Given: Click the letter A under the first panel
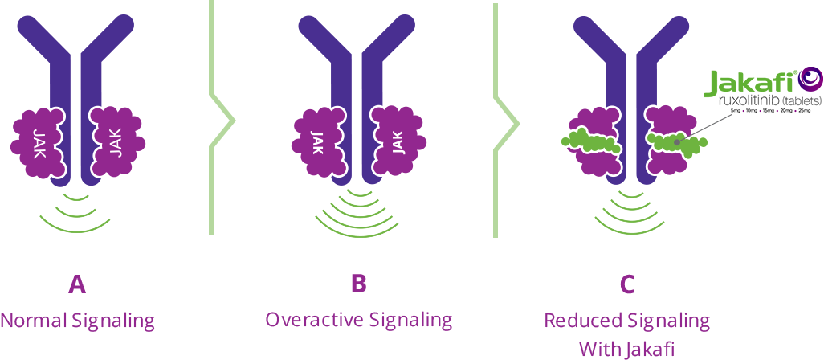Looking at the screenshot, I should pyautogui.click(x=77, y=285).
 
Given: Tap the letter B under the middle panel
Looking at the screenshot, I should pyautogui.click(x=359, y=285).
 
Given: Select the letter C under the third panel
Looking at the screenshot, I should pyautogui.click(x=628, y=285).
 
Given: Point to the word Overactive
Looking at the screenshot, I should pyautogui.click(x=315, y=320).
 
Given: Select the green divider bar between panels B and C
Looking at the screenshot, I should pyautogui.click(x=507, y=121).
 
